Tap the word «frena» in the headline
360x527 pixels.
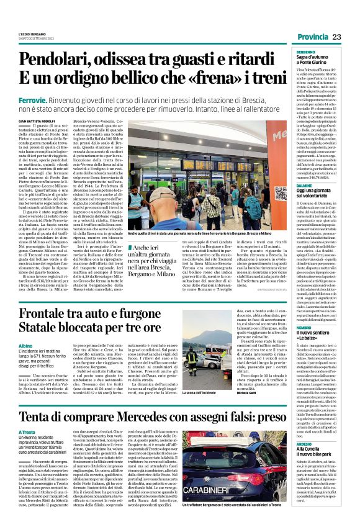[197, 79]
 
